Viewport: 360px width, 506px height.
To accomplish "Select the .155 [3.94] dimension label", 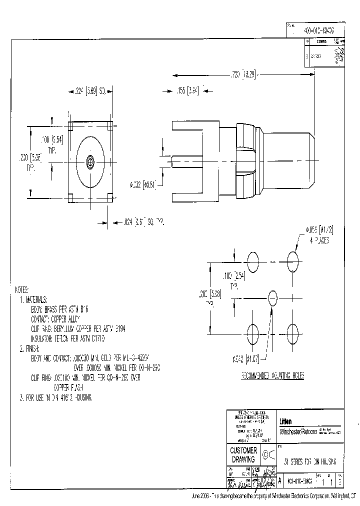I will [187, 91].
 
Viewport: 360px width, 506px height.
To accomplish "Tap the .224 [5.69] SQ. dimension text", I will [89, 91].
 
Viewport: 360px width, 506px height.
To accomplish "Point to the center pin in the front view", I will [90, 162].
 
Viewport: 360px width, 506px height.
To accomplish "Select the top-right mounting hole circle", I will [292, 260].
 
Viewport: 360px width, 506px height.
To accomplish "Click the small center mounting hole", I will [272, 298].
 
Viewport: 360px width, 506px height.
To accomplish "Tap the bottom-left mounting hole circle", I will [253, 333].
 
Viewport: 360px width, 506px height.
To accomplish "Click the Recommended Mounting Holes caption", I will [272, 375].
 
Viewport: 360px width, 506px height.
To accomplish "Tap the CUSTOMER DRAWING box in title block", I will [243, 454].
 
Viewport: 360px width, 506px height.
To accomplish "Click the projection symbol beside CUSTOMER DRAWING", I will [267, 454].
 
